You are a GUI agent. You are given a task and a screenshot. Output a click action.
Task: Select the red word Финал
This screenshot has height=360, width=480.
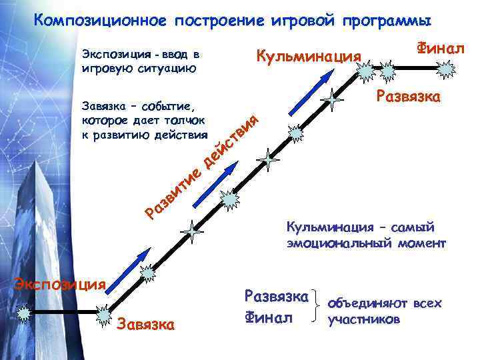coord(439,48)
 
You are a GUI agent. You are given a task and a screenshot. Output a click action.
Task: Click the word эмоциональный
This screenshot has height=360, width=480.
coord(357,243)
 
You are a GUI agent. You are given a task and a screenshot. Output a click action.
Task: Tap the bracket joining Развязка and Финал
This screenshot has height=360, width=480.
coord(318,305)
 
